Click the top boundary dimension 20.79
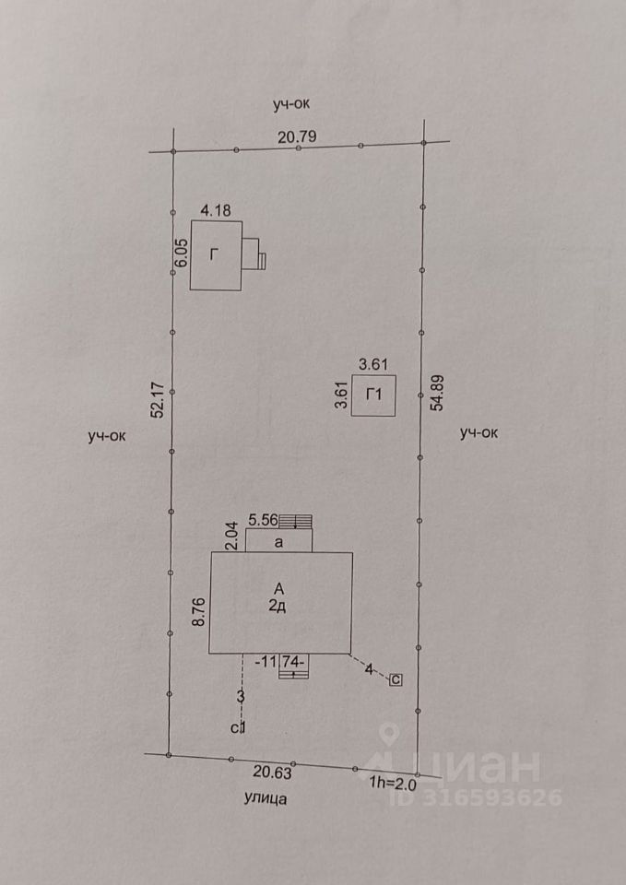298,137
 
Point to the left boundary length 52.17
158,399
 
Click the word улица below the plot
266,798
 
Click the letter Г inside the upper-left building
214,255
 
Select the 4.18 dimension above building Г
216,210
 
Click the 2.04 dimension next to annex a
232,535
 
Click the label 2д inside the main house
278,606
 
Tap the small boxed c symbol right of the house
396,680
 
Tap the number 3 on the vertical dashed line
241,696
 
